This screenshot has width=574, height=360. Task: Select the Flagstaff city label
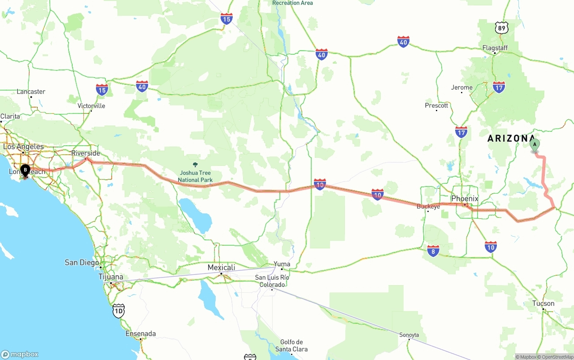click(495, 48)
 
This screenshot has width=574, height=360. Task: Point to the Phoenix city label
click(465, 199)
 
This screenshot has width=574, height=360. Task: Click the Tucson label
click(543, 304)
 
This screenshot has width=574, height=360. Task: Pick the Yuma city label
click(282, 264)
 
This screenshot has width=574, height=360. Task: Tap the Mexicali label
click(221, 268)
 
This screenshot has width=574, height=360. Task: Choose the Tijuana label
click(111, 277)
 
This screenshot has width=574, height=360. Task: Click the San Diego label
click(82, 262)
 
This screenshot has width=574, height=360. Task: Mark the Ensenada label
click(141, 334)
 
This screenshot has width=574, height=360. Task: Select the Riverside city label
click(86, 153)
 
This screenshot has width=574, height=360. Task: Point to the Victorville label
click(91, 106)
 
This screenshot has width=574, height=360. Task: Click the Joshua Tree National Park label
click(195, 176)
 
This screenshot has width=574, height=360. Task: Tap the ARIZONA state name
click(511, 139)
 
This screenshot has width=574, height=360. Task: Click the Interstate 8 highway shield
click(433, 251)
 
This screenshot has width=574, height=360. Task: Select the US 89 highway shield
click(502, 27)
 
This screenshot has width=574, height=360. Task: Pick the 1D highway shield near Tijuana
click(118, 311)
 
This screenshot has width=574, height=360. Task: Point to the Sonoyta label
click(409, 335)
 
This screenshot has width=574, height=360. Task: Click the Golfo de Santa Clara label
click(291, 346)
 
